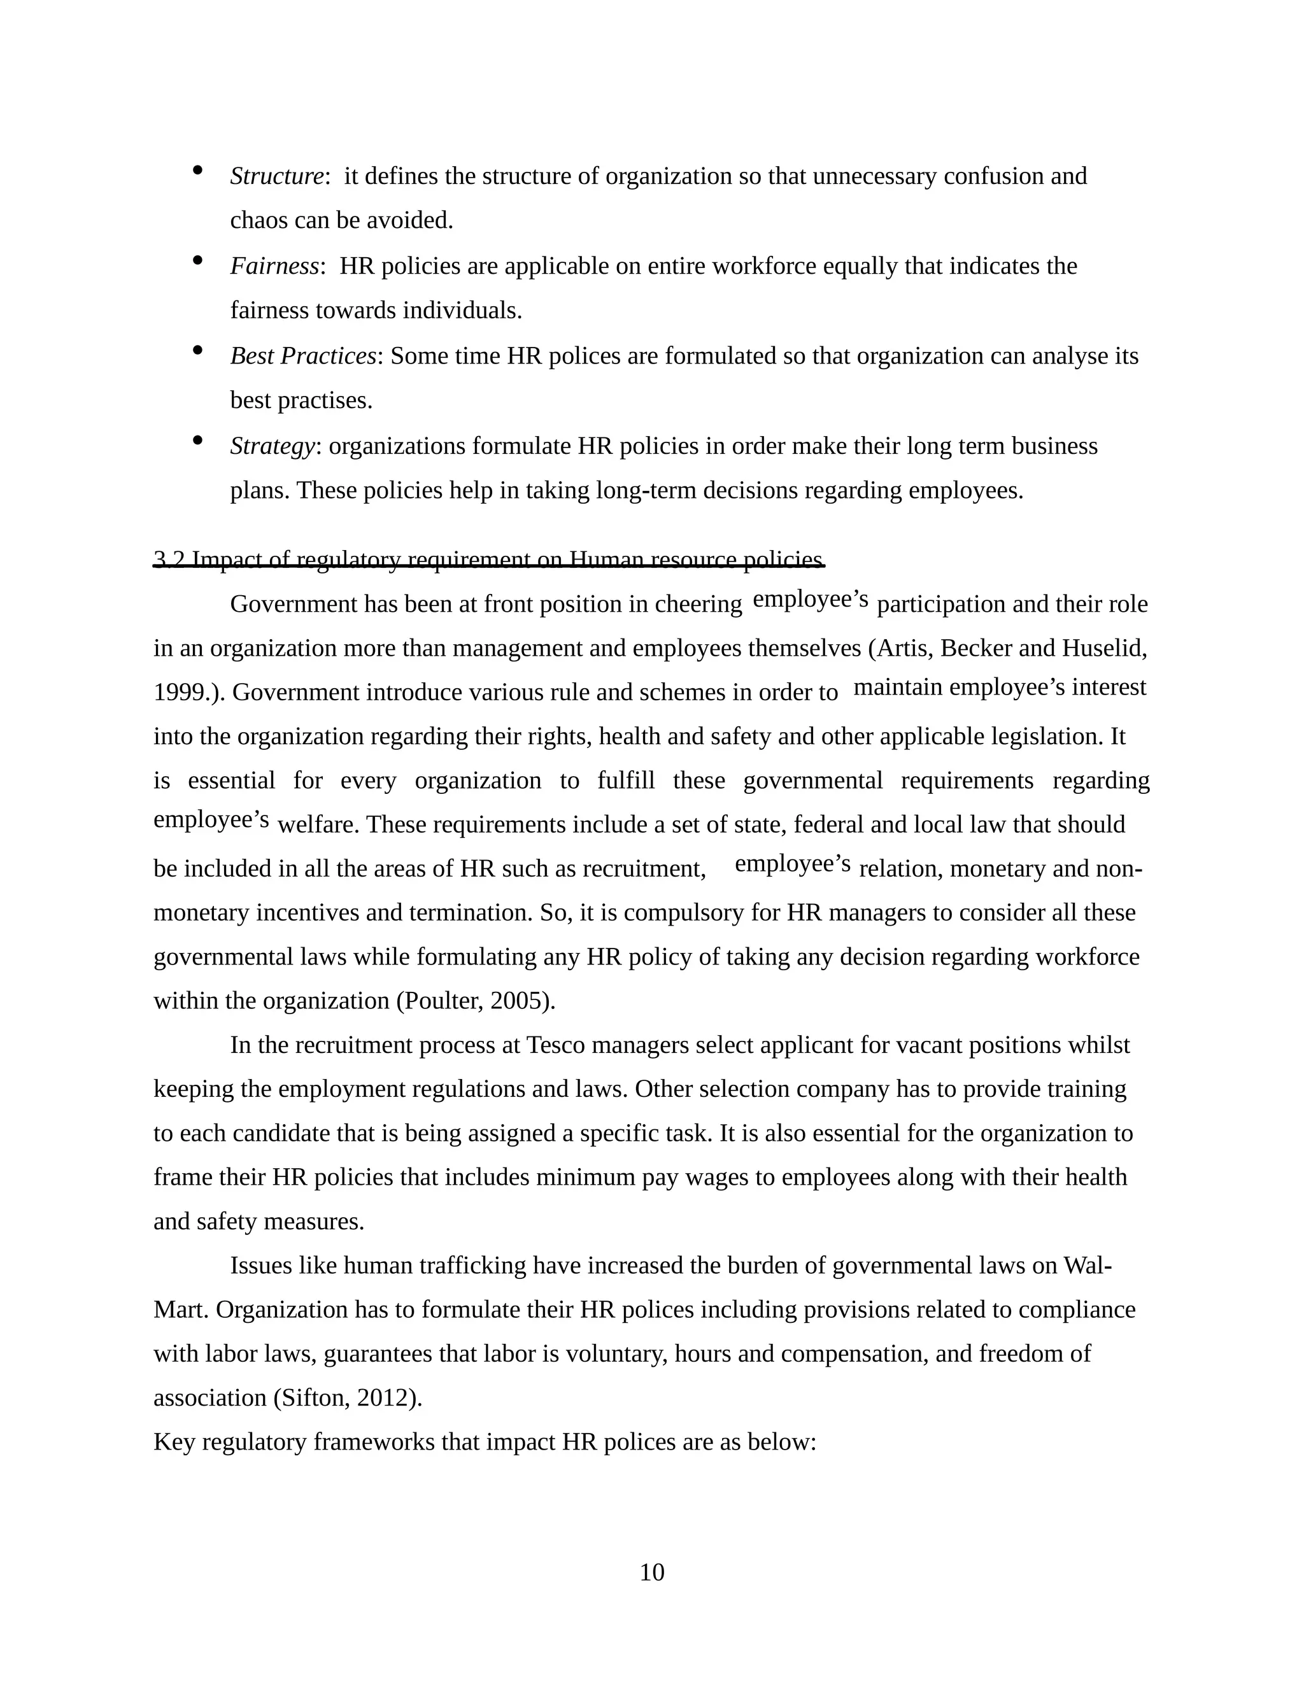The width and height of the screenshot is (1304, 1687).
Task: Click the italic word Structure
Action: coord(276,176)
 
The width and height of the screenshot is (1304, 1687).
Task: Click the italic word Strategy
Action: coord(273,446)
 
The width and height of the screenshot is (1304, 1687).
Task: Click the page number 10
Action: coord(651,1572)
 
